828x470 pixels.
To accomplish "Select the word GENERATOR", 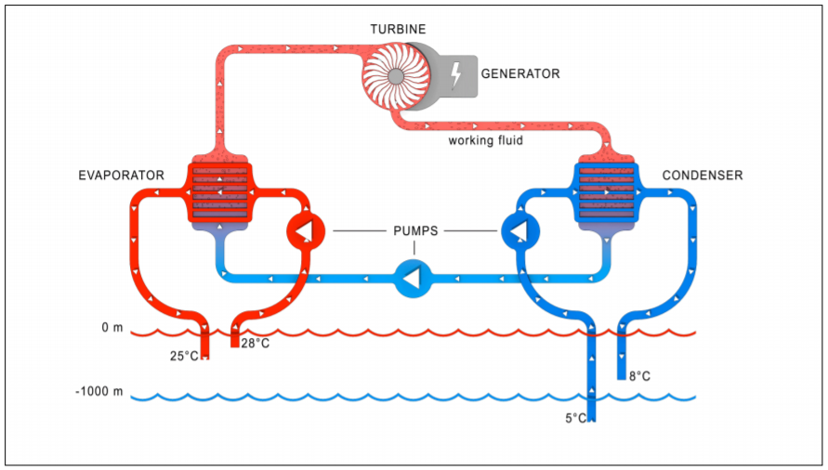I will pos(520,73).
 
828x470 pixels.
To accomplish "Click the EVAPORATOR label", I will pos(122,175).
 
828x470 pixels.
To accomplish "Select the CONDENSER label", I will pos(703,175).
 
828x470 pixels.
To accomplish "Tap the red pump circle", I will pos(305,229).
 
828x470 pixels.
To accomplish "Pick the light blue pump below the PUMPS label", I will pos(413,277).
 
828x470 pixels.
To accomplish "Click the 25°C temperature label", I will pos(184,356).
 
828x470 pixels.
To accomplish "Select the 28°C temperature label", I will pos(256,344).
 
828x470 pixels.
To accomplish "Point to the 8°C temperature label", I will pos(639,376).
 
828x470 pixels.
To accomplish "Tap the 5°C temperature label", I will pos(575,418).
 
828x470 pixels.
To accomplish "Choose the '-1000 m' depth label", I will pos(99,392).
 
